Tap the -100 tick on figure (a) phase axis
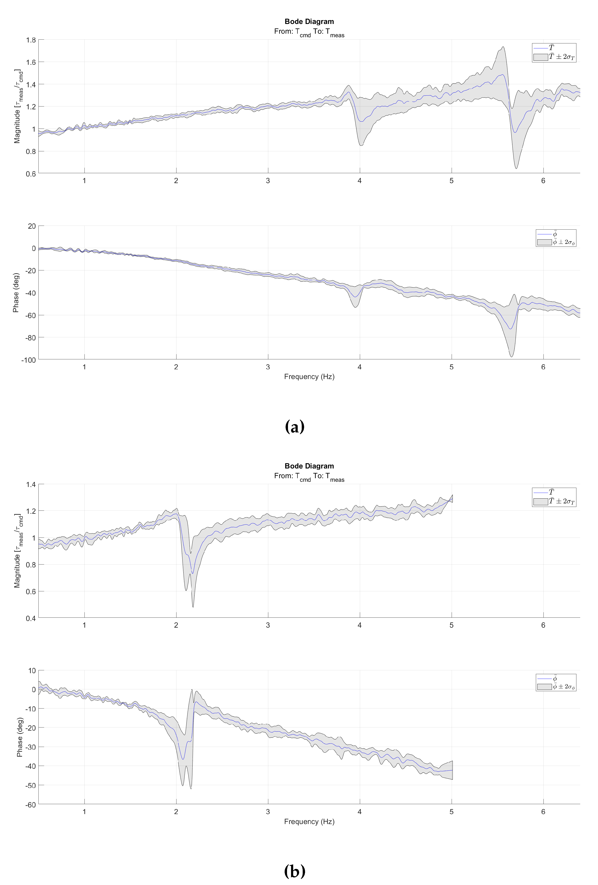coord(28,360)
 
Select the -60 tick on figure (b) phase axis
coord(30,805)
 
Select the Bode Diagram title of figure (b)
coord(309,466)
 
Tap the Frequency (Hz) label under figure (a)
coord(309,377)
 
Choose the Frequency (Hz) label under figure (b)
coord(309,821)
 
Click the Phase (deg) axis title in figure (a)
coord(16,292)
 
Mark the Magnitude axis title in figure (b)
coord(18,551)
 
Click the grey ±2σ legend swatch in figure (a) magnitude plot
coord(541,57)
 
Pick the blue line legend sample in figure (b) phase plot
coord(544,679)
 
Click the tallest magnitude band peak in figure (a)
coord(503,47)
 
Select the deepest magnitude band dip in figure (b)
coord(193,607)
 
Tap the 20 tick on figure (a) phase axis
coord(32,226)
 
